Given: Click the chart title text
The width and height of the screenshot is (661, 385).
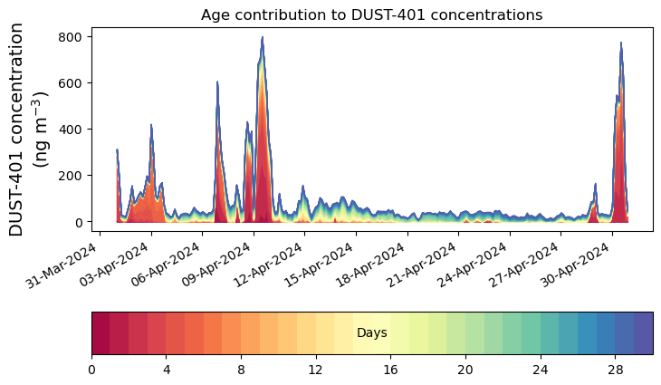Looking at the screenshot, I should (x=371, y=14).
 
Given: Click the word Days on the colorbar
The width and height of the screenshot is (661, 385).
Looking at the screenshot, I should (x=371, y=333).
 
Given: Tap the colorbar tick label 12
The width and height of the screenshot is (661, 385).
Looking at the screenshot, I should (x=315, y=371).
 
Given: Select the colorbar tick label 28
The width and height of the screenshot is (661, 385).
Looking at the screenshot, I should (x=615, y=371).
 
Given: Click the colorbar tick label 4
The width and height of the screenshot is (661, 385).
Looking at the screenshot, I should (x=166, y=371).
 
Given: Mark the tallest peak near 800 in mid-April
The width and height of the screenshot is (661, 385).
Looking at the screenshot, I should (x=263, y=38).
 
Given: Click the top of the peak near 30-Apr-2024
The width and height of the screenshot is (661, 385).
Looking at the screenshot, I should (x=621, y=43).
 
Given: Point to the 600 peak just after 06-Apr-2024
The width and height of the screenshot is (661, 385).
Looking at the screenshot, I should (x=217, y=82).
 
